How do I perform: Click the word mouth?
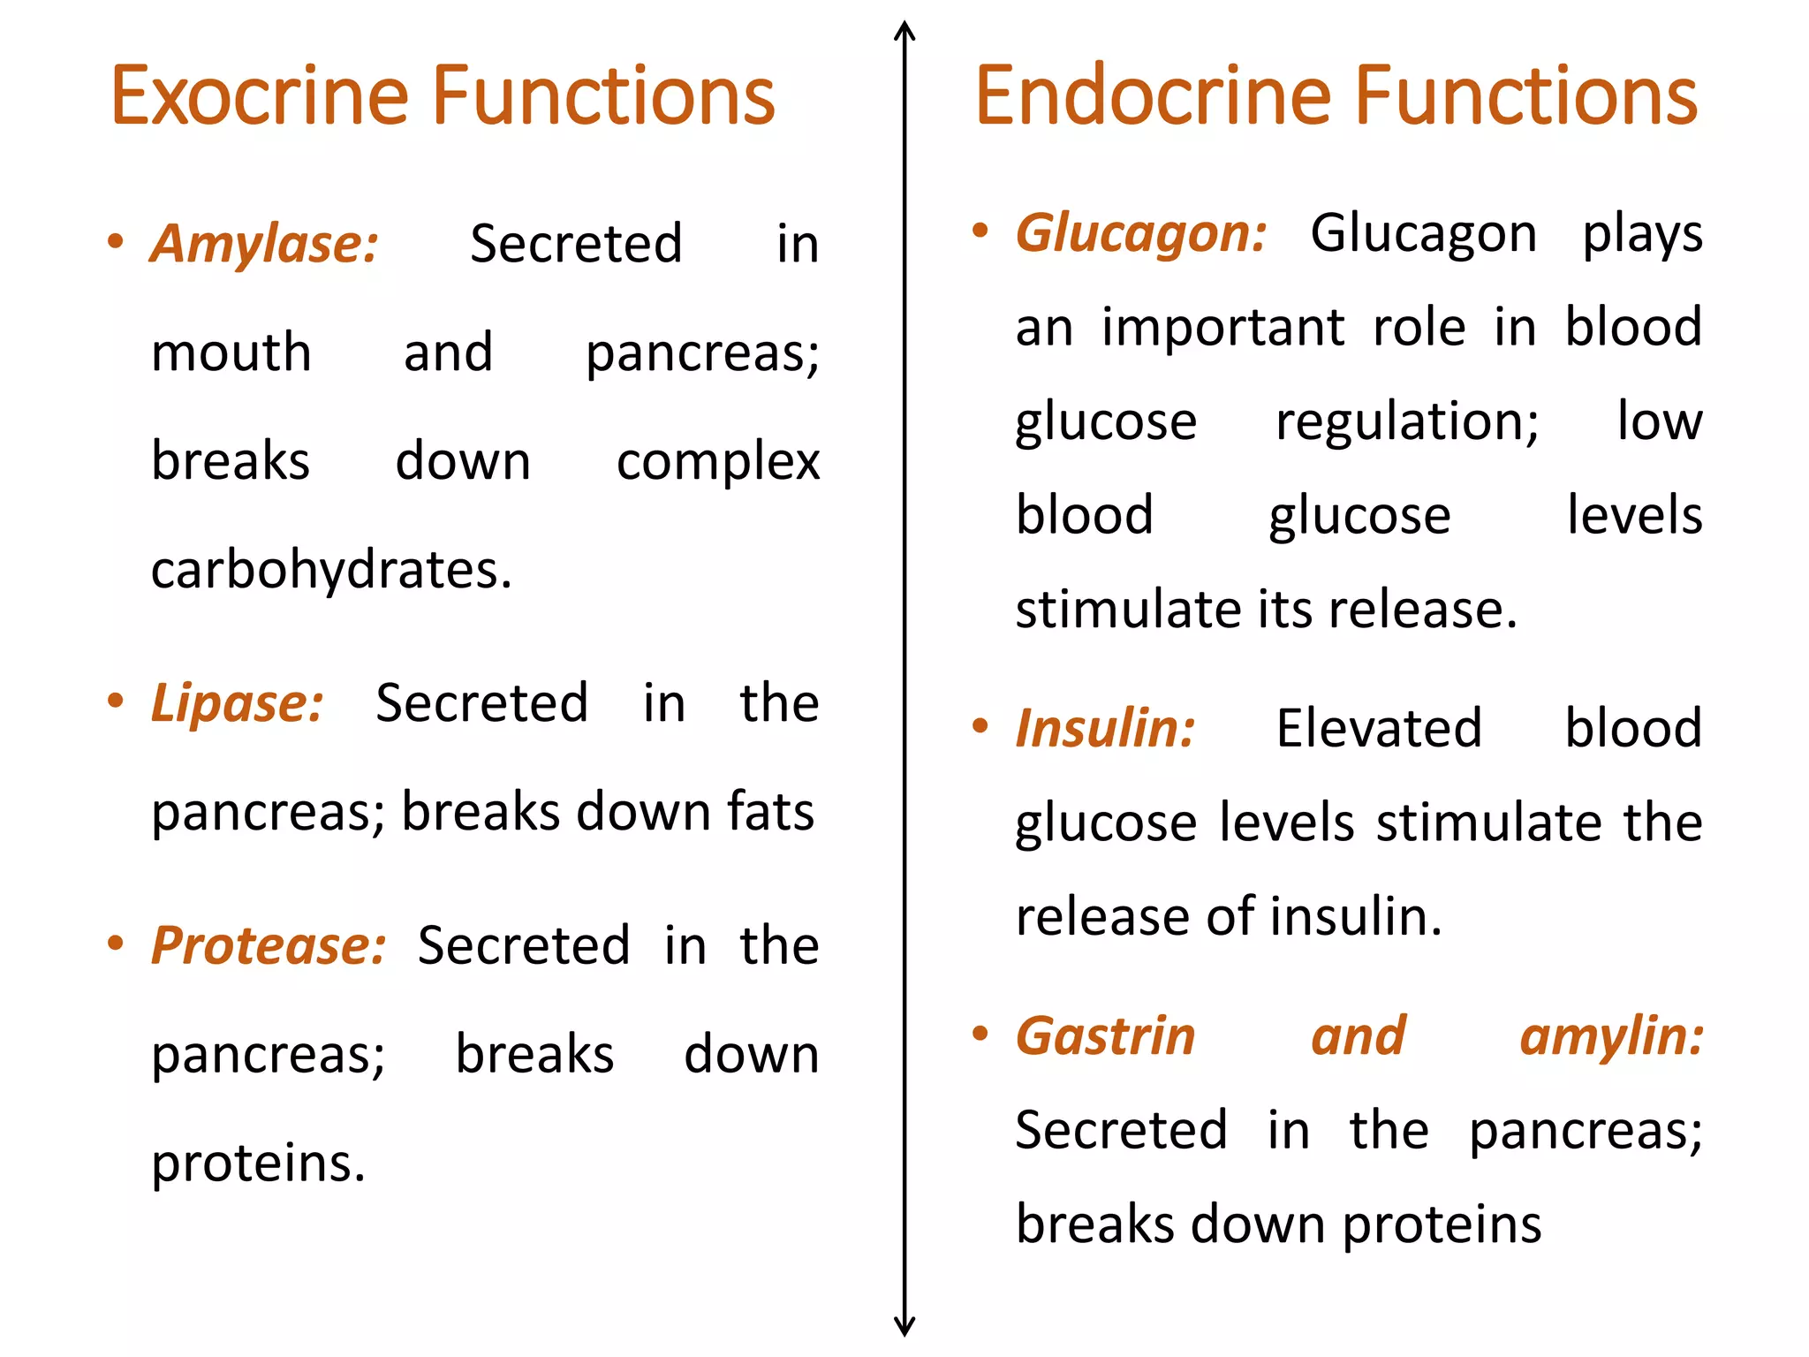pos(231,353)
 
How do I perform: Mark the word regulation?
pos(1407,422)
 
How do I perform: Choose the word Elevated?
pos(1379,729)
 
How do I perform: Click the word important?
pos(1223,329)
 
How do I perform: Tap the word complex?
pos(718,462)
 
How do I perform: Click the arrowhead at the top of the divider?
pos(904,31)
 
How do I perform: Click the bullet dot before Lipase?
pos(115,701)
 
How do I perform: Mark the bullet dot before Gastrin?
pos(980,1033)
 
